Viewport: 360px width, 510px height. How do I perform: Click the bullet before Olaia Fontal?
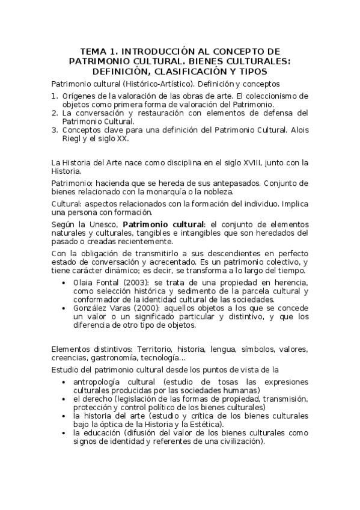click(64, 282)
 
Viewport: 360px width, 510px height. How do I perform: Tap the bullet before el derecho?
click(64, 399)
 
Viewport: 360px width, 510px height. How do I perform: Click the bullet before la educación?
click(64, 432)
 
